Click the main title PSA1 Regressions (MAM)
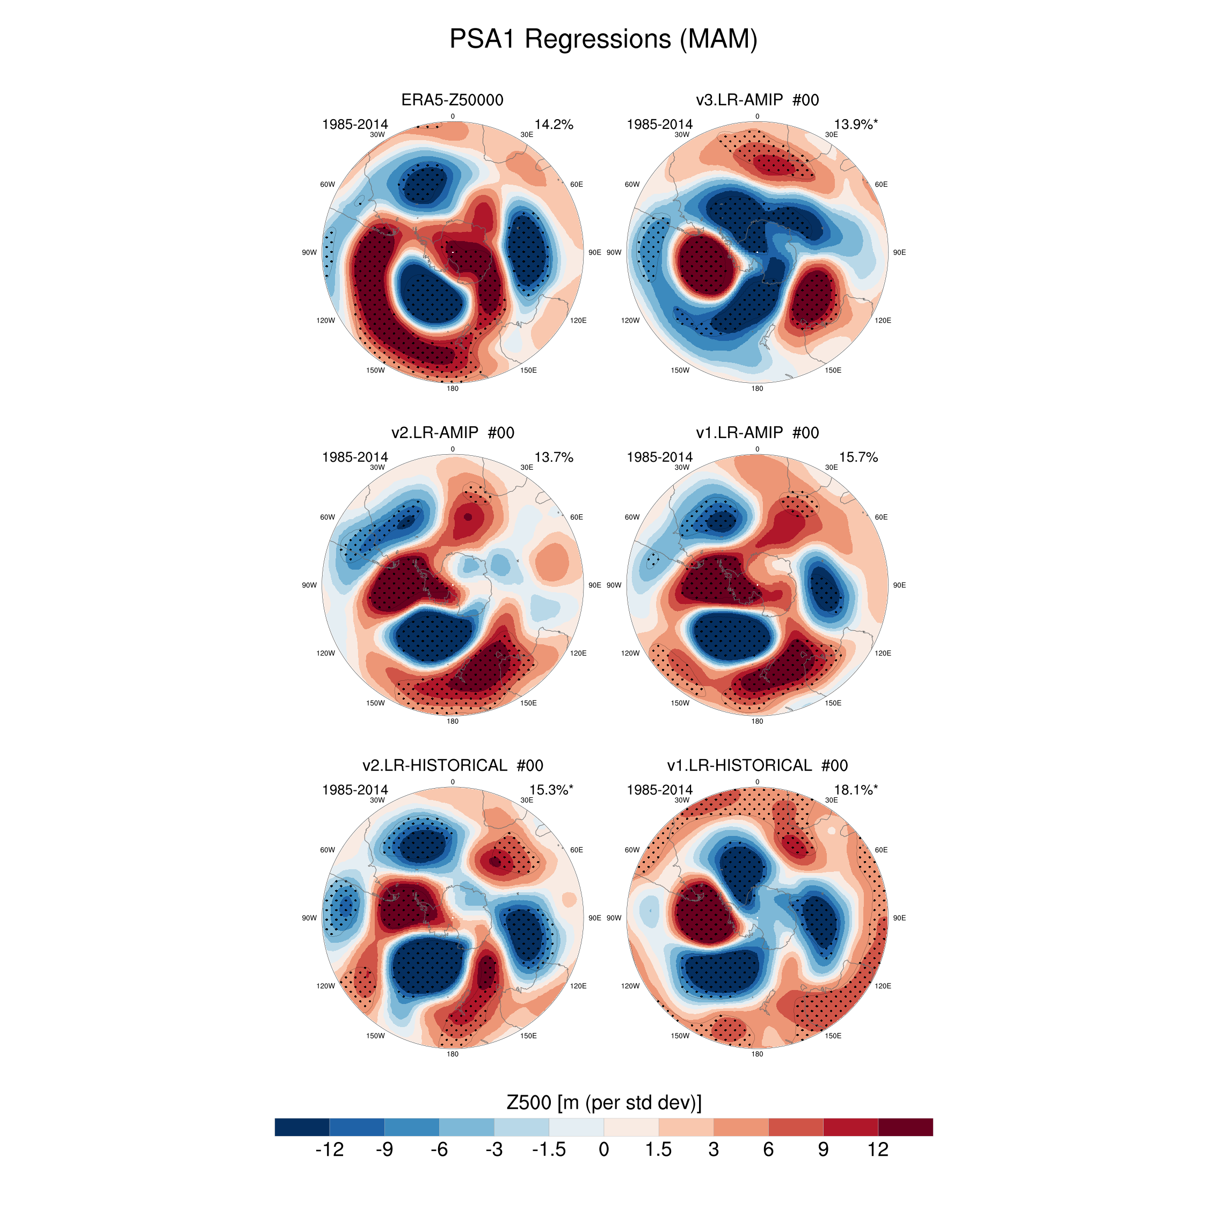coord(603,39)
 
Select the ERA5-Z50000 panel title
coord(452,100)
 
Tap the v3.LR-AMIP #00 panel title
coord(756,100)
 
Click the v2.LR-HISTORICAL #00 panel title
coord(452,765)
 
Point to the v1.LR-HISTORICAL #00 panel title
coord(756,765)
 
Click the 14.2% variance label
coord(554,125)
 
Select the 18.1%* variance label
coord(855,790)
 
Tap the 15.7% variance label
coord(858,457)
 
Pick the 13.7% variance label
coord(554,457)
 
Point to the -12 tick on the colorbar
coord(330,1149)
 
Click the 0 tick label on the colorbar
coord(603,1149)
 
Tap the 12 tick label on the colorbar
coord(878,1149)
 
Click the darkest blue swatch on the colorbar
coord(302,1127)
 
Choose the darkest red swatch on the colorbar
coord(905,1127)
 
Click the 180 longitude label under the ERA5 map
coord(452,388)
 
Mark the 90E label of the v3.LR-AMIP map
coord(899,252)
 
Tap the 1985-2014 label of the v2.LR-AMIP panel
coord(354,457)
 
